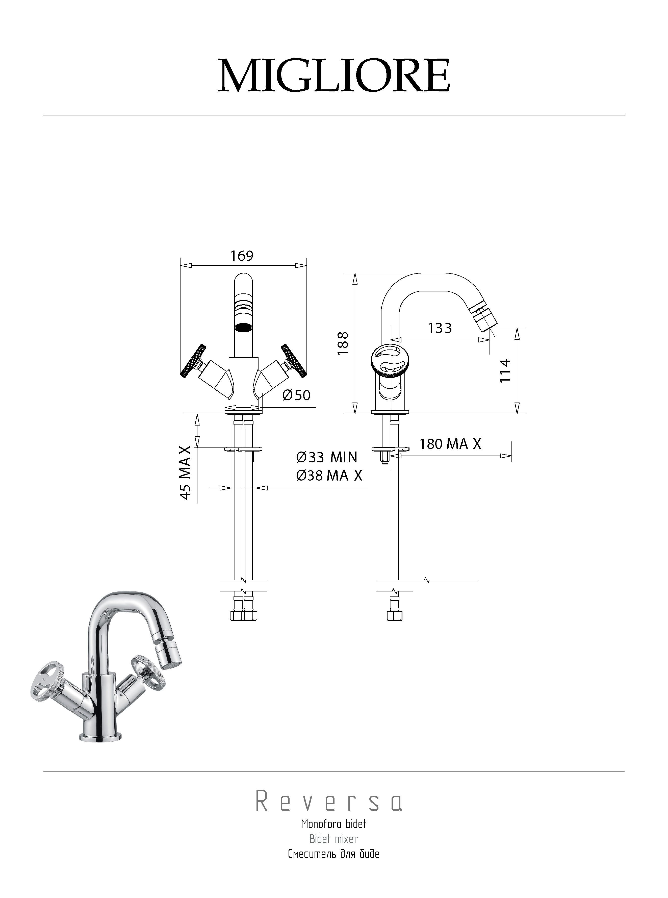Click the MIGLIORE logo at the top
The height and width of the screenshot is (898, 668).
pos(334,76)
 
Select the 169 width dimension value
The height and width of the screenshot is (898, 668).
pos(242,256)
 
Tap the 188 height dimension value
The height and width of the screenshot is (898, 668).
pos(343,343)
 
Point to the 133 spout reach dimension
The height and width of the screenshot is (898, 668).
pos(440,328)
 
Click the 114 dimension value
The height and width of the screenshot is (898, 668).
pos(505,370)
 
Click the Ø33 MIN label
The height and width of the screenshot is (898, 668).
pos(327,457)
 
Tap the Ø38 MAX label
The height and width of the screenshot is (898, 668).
pos(329,475)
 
